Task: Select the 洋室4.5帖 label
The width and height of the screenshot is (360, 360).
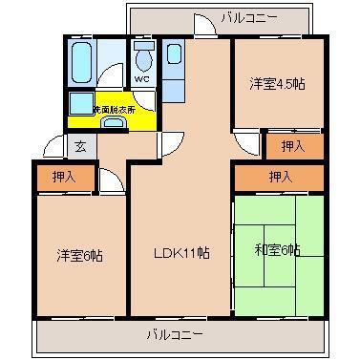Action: click(278, 82)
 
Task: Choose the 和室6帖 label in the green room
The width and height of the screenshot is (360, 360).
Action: click(278, 250)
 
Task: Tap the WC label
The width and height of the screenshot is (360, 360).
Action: click(141, 78)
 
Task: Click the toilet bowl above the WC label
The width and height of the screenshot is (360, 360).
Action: click(143, 53)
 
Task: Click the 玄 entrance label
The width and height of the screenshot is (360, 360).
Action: click(81, 146)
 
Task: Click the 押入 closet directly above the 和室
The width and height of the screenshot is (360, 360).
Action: click(279, 177)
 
